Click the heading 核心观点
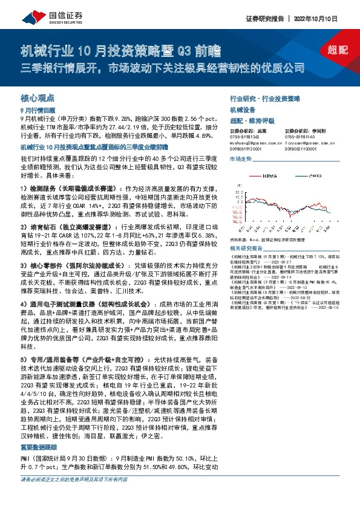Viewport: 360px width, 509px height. tap(38, 97)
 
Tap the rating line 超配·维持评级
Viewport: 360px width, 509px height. tap(249, 120)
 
